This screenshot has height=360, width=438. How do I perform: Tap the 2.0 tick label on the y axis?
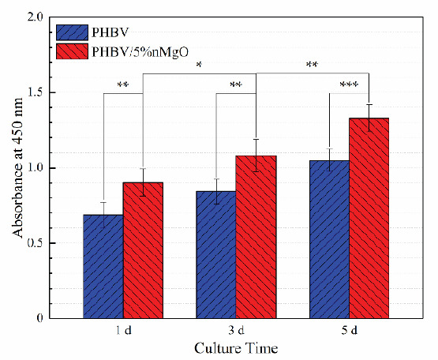tap(36, 17)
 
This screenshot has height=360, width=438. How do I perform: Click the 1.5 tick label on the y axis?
tap(36, 92)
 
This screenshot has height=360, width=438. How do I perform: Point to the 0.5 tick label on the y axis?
tap(36, 243)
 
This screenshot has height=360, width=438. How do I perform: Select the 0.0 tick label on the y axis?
tap(36, 318)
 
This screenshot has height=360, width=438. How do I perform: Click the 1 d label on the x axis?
tap(123, 331)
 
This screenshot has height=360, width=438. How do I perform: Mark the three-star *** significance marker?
tap(350, 85)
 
